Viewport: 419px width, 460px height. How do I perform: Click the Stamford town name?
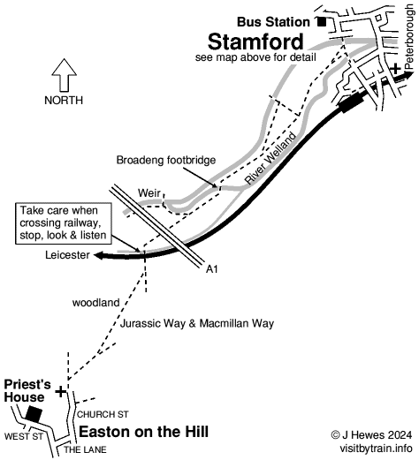pos(255,41)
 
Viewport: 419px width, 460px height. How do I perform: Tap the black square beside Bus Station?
pos(322,21)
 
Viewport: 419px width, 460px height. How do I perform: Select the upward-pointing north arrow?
pos(64,75)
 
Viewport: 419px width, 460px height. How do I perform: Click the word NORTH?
pos(64,101)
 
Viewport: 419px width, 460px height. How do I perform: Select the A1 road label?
pos(211,268)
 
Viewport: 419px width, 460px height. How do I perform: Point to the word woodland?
pos(95,303)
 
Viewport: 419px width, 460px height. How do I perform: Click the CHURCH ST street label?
pos(103,413)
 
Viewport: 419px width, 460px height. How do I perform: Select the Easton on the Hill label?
pos(144,432)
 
